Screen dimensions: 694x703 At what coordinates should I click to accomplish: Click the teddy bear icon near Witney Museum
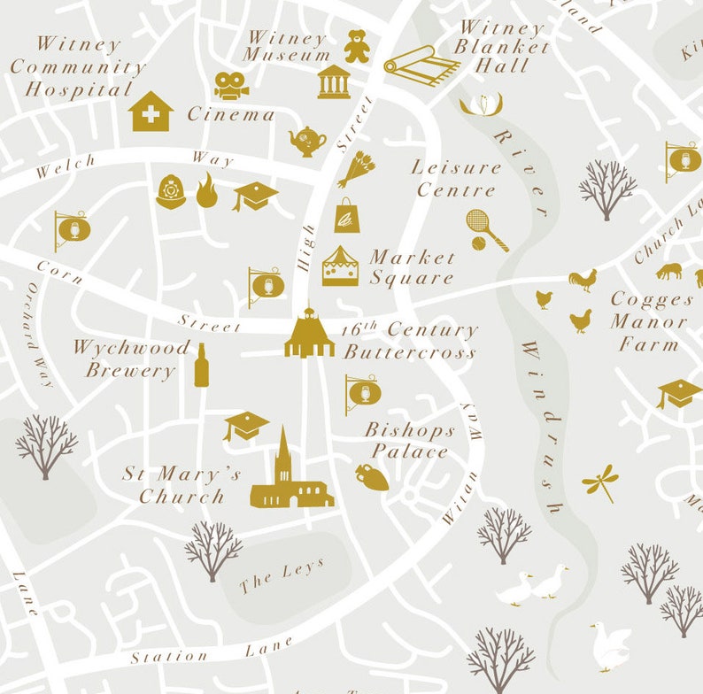[357, 46]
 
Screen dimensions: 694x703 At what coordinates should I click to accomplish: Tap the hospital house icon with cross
[151, 112]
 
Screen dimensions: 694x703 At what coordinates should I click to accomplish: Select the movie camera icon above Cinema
[230, 86]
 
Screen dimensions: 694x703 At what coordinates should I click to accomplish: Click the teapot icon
[307, 140]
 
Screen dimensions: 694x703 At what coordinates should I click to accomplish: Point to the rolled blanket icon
[421, 66]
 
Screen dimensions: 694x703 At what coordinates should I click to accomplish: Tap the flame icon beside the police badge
[206, 191]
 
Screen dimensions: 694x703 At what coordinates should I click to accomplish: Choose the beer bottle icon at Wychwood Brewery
[201, 365]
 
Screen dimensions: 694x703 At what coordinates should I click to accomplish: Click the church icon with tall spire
[290, 476]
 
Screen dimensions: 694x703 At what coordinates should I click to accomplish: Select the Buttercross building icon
[309, 335]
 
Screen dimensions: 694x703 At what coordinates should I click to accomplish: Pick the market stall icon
[340, 266]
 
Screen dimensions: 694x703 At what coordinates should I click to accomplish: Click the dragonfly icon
[600, 482]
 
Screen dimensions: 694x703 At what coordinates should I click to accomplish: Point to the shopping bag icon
[347, 215]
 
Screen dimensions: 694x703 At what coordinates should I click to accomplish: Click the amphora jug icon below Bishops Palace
[372, 476]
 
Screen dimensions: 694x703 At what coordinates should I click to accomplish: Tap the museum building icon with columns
[334, 81]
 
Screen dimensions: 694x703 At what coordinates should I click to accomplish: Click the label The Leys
[282, 576]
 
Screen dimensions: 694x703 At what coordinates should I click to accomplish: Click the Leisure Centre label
[456, 178]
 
